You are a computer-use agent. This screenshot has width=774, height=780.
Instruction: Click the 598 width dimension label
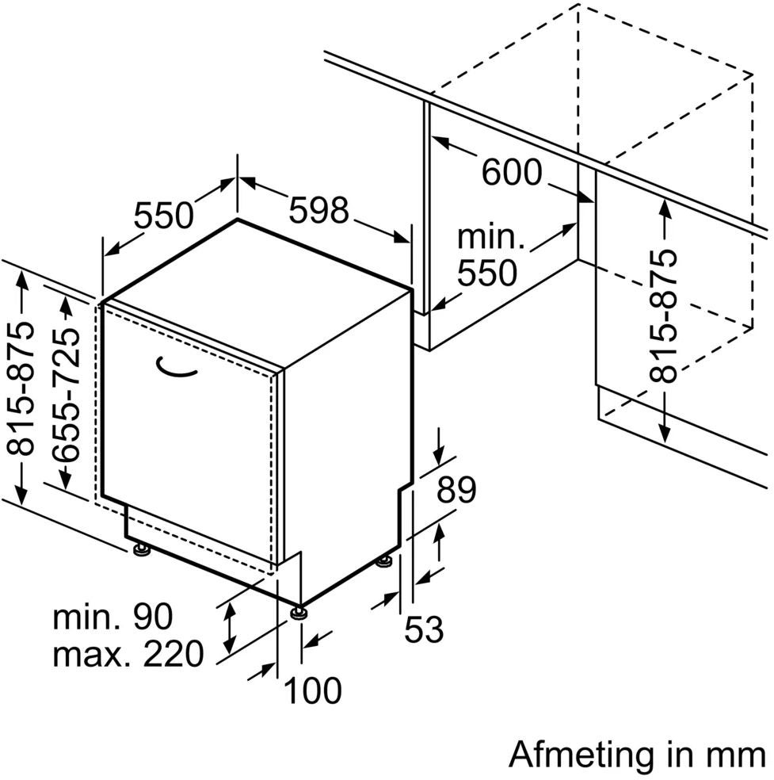click(x=318, y=211)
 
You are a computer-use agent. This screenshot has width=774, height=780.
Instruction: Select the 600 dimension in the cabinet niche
click(x=512, y=173)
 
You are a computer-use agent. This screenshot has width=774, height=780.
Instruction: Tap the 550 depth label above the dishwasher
click(x=163, y=215)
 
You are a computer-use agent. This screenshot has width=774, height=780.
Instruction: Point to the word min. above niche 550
click(x=491, y=237)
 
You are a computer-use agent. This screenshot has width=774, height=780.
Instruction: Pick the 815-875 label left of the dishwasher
click(x=25, y=388)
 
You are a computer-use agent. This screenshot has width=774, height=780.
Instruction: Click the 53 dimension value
click(x=424, y=630)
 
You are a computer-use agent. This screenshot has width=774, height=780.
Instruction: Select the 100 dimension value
click(x=312, y=690)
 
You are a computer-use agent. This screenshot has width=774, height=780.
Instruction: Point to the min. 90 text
click(x=112, y=617)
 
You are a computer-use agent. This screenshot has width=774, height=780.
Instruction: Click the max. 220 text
click(x=128, y=655)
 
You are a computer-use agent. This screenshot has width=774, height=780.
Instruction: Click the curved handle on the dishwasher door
click(x=177, y=365)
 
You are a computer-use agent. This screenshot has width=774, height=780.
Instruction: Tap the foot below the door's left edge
click(x=141, y=549)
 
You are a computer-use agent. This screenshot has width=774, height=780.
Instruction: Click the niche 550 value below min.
click(x=486, y=273)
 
